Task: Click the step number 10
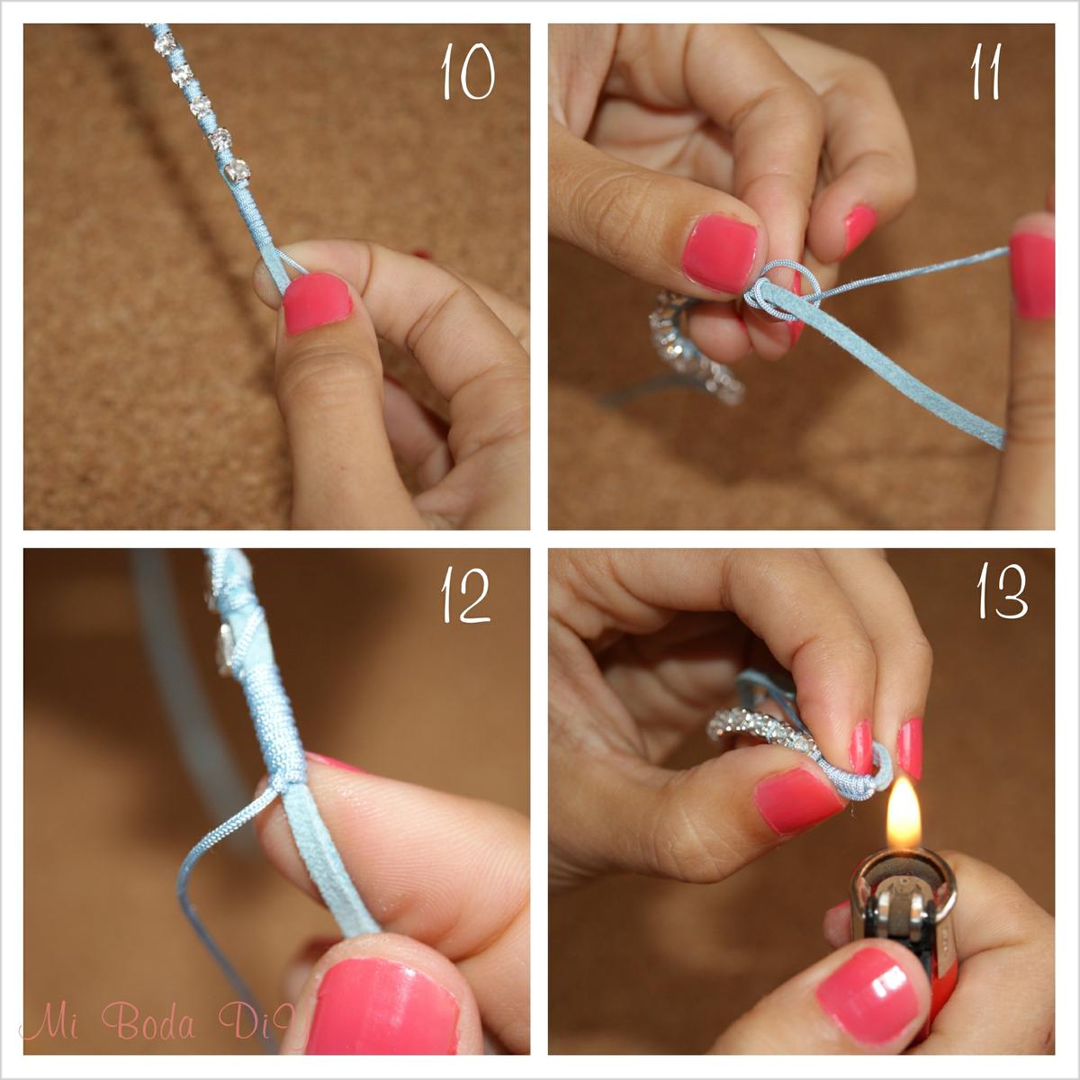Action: coord(468,72)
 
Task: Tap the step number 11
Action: coord(985,72)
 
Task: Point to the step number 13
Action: coord(1002,591)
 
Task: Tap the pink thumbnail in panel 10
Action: coord(317,302)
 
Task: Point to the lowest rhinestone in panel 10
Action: coord(237,170)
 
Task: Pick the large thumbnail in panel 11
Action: coord(720,255)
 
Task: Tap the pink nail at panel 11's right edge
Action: coord(1032,274)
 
